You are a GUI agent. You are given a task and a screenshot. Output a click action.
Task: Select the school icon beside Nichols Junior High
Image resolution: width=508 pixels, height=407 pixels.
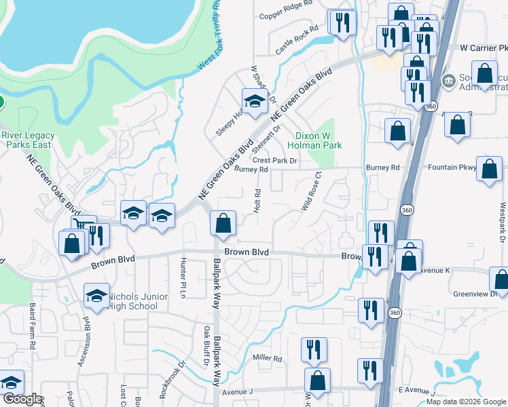pos(96,296)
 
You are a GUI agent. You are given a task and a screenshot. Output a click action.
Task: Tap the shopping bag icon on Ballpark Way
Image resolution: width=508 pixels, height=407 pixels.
pos(223,223)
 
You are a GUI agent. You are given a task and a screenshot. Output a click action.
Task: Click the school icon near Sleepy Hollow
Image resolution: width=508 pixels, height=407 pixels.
pos(255,102)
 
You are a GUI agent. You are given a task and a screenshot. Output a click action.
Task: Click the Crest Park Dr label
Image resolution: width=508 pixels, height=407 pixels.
pos(275,161)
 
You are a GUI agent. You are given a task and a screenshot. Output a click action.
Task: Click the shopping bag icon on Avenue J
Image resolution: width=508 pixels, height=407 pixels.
pos(316,381)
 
